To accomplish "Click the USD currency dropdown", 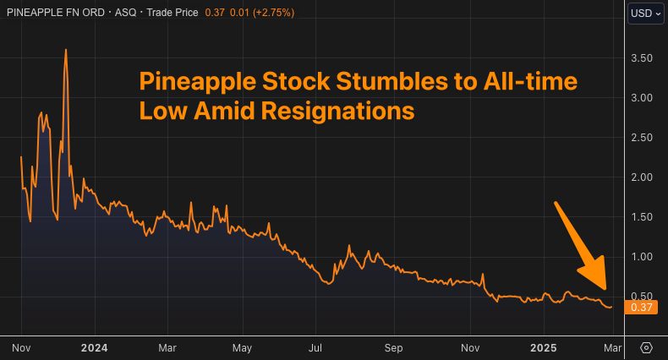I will pyautogui.click(x=645, y=14).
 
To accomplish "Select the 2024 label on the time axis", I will pyautogui.click(x=95, y=347).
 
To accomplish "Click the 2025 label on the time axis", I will pyautogui.click(x=542, y=347).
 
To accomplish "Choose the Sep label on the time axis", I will pyautogui.click(x=393, y=347).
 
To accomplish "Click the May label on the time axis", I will pyautogui.click(x=242, y=347).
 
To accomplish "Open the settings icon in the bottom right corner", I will pyautogui.click(x=647, y=347).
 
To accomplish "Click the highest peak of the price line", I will pyautogui.click(x=65, y=50).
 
